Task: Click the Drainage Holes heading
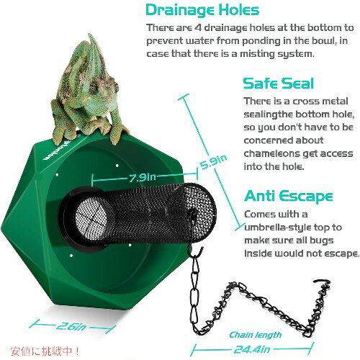pyautogui.click(x=202, y=10)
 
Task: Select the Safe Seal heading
pyautogui.click(x=279, y=84)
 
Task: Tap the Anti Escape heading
pyautogui.click(x=289, y=196)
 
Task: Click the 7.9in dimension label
pyautogui.click(x=143, y=178)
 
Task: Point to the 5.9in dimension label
pyautogui.click(x=213, y=161)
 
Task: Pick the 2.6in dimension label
pyautogui.click(x=71, y=326)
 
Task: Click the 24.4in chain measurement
pyautogui.click(x=252, y=349)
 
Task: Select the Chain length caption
pyautogui.click(x=255, y=335)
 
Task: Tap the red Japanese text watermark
pyautogui.click(x=45, y=351)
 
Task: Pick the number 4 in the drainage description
pyautogui.click(x=197, y=28)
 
